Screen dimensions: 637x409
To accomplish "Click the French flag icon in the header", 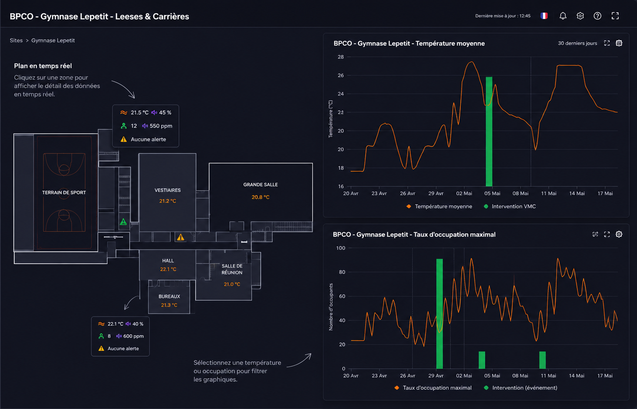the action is coord(544,16).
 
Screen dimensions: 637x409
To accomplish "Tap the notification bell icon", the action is coord(563,16).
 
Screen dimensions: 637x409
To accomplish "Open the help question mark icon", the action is coord(597,16).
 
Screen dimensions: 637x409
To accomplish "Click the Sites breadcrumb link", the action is coord(16,40).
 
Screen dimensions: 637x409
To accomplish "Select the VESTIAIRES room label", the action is coord(168,190).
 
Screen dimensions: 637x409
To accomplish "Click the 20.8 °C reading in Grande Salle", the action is coord(261,197).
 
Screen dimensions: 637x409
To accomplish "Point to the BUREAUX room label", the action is coord(169,296).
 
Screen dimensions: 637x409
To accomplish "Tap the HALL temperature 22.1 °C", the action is coord(168,269).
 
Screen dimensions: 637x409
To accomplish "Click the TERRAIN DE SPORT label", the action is coord(64,193).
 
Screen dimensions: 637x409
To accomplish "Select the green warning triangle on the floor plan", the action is coord(123,222).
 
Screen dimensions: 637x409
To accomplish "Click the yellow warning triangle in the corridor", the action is coord(181,237).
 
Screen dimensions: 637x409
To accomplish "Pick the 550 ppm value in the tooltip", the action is coord(161,126).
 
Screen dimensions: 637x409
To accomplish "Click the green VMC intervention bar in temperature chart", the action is coord(489,132).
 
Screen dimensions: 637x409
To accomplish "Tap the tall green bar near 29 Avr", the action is coord(439,314).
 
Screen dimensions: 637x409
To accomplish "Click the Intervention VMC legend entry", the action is coord(510,206).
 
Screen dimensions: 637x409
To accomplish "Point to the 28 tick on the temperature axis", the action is coord(341,57).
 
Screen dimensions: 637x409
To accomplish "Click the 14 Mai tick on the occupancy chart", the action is coord(577,376).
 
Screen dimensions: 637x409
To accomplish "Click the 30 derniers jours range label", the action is coord(577,43).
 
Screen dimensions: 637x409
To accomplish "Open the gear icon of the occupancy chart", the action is coord(619,234).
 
